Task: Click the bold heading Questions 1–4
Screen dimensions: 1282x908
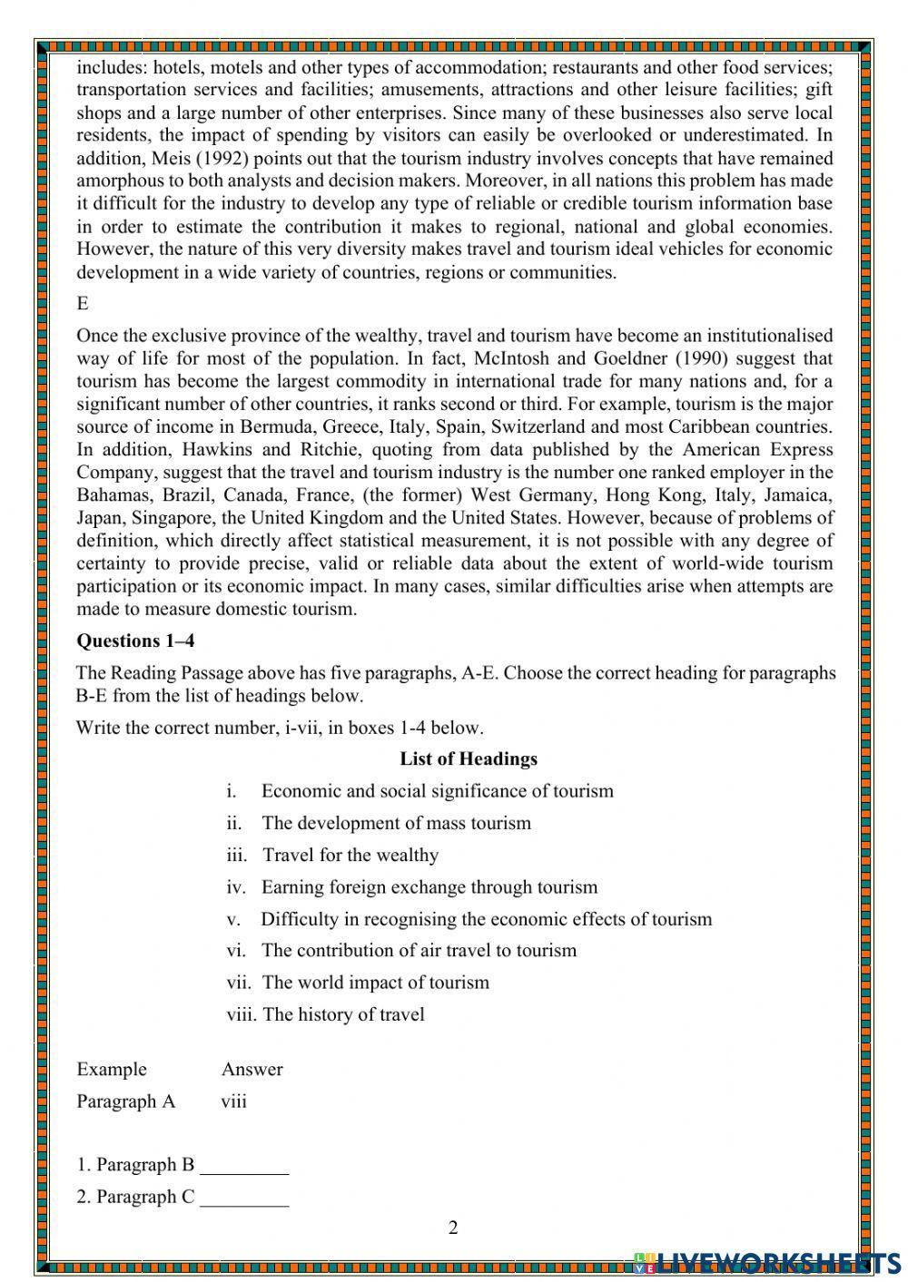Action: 135,641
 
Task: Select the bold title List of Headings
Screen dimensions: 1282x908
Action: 468,759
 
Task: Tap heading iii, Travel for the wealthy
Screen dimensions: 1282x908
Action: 350,856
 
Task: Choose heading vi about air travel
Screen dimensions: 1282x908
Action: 419,951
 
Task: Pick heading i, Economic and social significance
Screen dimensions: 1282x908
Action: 437,791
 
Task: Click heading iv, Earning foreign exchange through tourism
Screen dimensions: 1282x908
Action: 429,887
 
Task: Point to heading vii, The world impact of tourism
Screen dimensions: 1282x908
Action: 375,983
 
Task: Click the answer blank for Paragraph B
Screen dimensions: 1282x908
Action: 243,1167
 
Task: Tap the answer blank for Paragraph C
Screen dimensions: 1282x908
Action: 243,1199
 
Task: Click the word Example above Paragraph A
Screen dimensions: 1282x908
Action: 111,1070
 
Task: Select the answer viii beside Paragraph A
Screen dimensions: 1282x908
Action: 233,1102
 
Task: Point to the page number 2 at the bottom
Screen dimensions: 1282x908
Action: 453,1228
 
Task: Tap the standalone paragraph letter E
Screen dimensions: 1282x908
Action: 83,304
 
